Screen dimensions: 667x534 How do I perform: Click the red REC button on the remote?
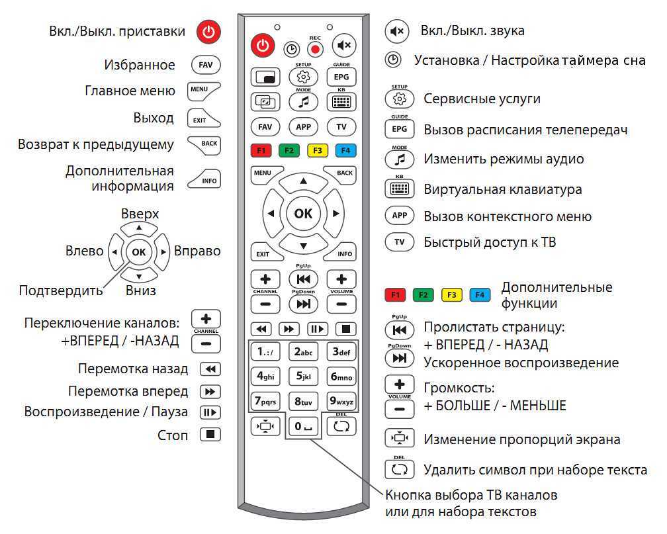[315, 50]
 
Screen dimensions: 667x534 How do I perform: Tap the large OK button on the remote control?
[303, 213]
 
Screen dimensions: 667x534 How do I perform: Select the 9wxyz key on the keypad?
[341, 401]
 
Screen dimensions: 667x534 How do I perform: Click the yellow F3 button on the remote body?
[318, 151]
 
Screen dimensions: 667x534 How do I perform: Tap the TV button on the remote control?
[341, 127]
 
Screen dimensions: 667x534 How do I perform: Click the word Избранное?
[140, 65]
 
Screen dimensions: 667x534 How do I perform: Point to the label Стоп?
[173, 435]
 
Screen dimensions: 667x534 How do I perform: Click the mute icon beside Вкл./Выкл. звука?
[397, 31]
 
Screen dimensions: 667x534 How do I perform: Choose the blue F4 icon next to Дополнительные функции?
[480, 295]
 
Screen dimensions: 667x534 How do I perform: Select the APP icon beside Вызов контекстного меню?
[399, 215]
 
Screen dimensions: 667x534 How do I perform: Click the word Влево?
[84, 251]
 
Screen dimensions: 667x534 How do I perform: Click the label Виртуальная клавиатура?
[503, 189]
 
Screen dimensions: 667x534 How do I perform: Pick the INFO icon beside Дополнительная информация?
[205, 179]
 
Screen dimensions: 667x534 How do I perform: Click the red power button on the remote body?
[263, 45]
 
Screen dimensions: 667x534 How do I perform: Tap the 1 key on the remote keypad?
[265, 352]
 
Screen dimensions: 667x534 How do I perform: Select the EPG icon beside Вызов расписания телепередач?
[399, 129]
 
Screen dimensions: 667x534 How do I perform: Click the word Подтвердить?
[61, 290]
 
